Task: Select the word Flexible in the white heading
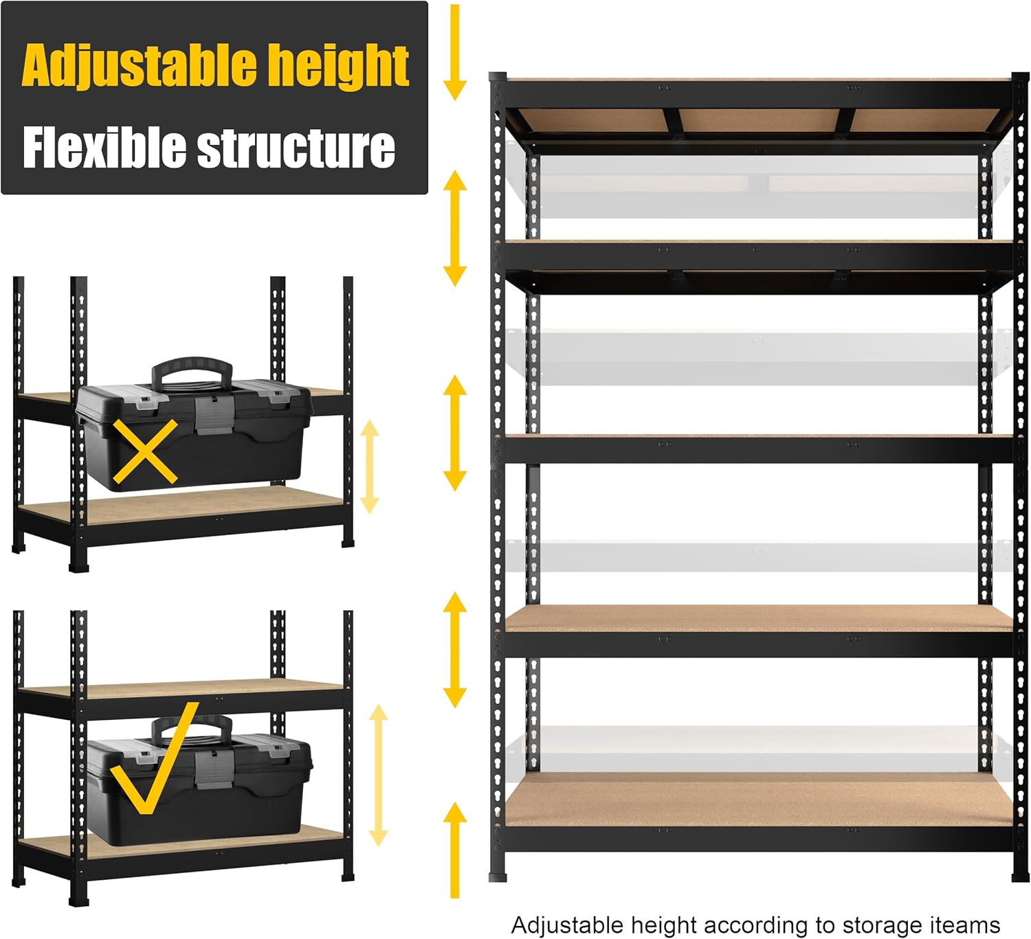click(x=104, y=148)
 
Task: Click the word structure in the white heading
click(x=296, y=148)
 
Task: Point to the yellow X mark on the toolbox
click(x=145, y=451)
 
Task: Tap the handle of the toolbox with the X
click(x=192, y=372)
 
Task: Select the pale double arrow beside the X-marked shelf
click(x=370, y=466)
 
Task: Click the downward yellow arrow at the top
click(x=454, y=52)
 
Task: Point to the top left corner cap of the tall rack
click(x=498, y=78)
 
